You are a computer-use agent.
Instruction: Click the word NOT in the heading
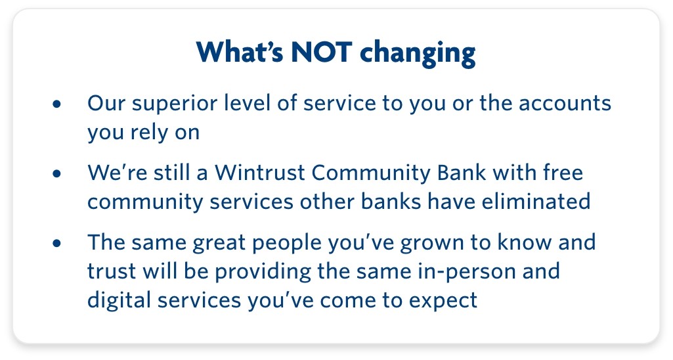click(x=322, y=52)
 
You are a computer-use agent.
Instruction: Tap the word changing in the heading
click(x=418, y=53)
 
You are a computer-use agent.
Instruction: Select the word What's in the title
click(x=240, y=52)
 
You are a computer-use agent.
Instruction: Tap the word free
click(x=563, y=173)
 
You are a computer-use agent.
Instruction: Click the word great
click(x=219, y=243)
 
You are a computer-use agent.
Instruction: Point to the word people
click(x=287, y=243)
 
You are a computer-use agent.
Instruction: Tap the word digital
click(x=119, y=300)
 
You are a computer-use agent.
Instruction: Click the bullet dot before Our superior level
click(x=56, y=104)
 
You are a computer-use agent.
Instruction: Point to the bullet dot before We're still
click(x=56, y=173)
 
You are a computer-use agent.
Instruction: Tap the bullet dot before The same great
click(x=56, y=243)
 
